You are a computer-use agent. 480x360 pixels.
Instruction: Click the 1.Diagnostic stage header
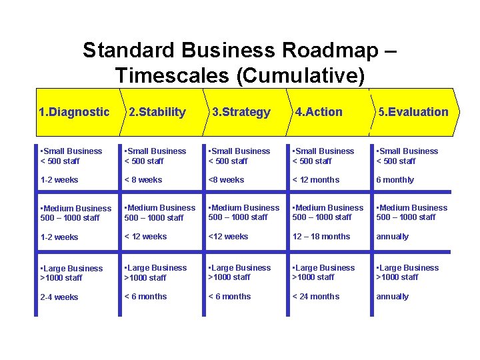(x=74, y=112)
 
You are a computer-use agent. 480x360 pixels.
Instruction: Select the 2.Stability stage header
(x=157, y=112)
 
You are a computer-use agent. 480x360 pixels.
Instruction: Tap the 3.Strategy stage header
(x=241, y=112)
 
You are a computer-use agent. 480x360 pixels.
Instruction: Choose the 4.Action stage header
(x=319, y=112)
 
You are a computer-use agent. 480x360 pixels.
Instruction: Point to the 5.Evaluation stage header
(x=413, y=112)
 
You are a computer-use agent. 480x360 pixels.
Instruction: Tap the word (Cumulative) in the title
(x=301, y=75)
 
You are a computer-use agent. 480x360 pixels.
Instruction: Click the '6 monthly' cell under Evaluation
(x=395, y=180)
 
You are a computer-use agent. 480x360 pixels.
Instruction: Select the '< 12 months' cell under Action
(x=315, y=180)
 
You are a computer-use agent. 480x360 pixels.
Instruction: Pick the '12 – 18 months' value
(x=321, y=237)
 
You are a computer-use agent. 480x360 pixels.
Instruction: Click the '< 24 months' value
(x=315, y=297)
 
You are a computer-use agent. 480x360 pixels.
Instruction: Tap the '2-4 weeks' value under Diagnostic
(x=59, y=297)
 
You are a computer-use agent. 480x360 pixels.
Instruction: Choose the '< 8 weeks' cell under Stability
(x=143, y=180)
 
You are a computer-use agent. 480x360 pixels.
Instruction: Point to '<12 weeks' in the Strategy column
(x=228, y=237)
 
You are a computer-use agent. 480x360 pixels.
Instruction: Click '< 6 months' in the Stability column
(x=145, y=297)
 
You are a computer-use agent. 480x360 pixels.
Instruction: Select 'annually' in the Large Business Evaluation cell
(x=393, y=297)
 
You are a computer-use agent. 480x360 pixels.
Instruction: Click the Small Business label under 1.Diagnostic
(x=71, y=151)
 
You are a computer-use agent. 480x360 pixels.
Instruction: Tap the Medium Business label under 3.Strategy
(x=244, y=208)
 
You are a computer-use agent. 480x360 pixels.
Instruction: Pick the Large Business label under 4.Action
(x=323, y=268)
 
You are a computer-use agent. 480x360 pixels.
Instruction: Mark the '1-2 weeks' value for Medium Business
(x=59, y=237)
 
